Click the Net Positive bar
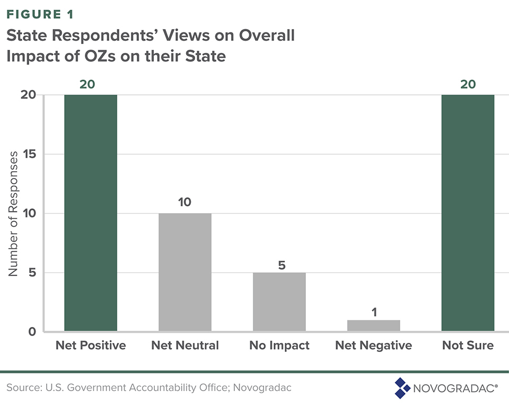(91, 213)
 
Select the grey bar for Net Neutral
(185, 272)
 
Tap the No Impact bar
(279, 302)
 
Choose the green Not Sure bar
(468, 213)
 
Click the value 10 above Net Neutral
(185, 202)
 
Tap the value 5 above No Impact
(282, 264)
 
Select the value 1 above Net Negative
(374, 312)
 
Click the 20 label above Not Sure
(468, 84)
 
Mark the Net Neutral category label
(185, 346)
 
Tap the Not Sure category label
(468, 346)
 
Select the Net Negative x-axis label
(374, 346)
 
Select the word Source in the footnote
(22, 388)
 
